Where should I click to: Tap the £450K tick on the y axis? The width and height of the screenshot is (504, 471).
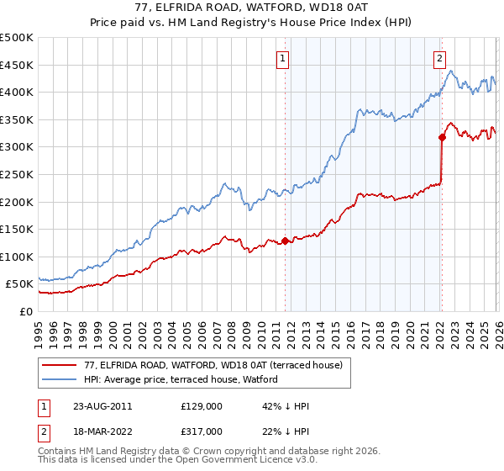(x=17, y=65)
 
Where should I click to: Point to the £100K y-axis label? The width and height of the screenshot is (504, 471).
(x=17, y=257)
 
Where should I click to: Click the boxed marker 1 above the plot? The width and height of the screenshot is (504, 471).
(x=282, y=59)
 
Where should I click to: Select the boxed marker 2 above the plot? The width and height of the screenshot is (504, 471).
(x=439, y=59)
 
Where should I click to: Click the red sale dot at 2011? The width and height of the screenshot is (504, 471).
(x=285, y=241)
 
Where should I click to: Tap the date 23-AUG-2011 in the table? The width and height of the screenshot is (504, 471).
(x=103, y=405)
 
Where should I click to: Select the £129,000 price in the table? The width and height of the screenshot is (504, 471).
(x=202, y=405)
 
